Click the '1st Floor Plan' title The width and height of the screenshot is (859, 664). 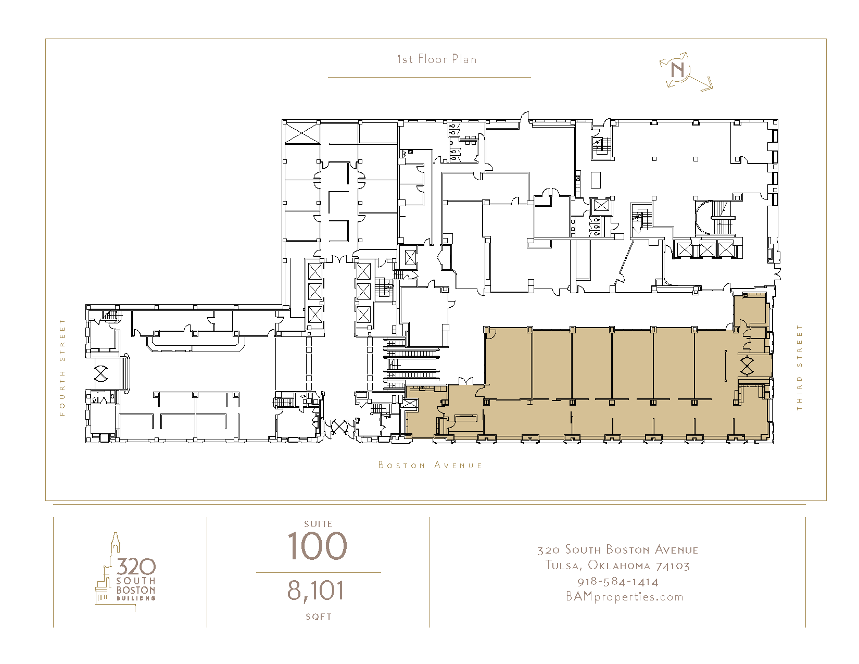[437, 59]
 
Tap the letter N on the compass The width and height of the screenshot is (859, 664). [677, 70]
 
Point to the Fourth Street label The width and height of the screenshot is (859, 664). [62, 367]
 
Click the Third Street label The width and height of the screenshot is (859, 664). [799, 367]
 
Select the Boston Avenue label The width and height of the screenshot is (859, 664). [430, 465]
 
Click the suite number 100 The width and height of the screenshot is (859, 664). [317, 546]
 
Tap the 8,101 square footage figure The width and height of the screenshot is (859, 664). [315, 591]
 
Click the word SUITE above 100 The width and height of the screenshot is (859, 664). [318, 524]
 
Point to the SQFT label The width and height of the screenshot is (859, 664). [318, 617]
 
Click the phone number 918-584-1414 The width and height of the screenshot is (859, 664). [618, 582]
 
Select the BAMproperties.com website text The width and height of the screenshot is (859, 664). [625, 597]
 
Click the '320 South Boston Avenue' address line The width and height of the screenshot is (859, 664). [617, 550]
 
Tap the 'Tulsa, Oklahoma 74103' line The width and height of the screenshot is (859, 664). [617, 566]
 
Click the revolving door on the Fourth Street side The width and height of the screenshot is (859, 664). [101, 373]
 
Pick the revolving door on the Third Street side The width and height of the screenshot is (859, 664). [747, 366]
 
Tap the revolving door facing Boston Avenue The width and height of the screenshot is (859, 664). [339, 427]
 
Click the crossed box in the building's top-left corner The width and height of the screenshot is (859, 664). [302, 133]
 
